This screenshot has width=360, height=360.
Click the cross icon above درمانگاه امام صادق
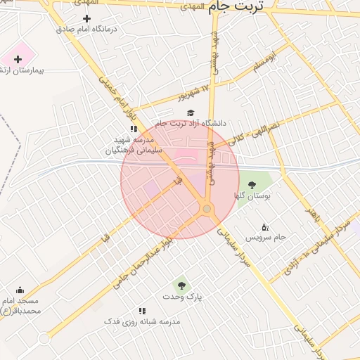(x=86, y=18)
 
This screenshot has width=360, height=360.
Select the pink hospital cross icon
(x=18, y=59)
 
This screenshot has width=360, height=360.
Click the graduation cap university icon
(x=190, y=112)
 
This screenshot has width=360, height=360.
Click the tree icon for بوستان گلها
(x=252, y=185)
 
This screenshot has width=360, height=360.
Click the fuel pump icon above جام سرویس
(x=264, y=226)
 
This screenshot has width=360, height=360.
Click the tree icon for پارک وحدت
(x=181, y=285)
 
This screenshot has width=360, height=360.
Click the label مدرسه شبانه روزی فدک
(x=142, y=321)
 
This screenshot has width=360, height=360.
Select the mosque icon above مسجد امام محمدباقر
(x=19, y=290)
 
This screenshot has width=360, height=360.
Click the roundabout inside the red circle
(x=207, y=209)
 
